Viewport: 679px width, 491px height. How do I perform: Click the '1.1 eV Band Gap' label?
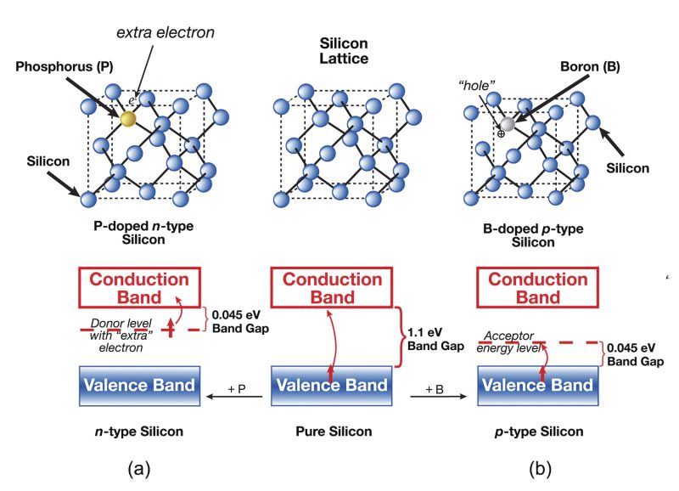click(430, 340)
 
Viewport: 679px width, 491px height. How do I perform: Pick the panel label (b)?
click(537, 468)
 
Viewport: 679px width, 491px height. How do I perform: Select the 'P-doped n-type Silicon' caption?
click(138, 234)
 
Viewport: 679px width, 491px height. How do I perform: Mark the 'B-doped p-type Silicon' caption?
click(521, 234)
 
